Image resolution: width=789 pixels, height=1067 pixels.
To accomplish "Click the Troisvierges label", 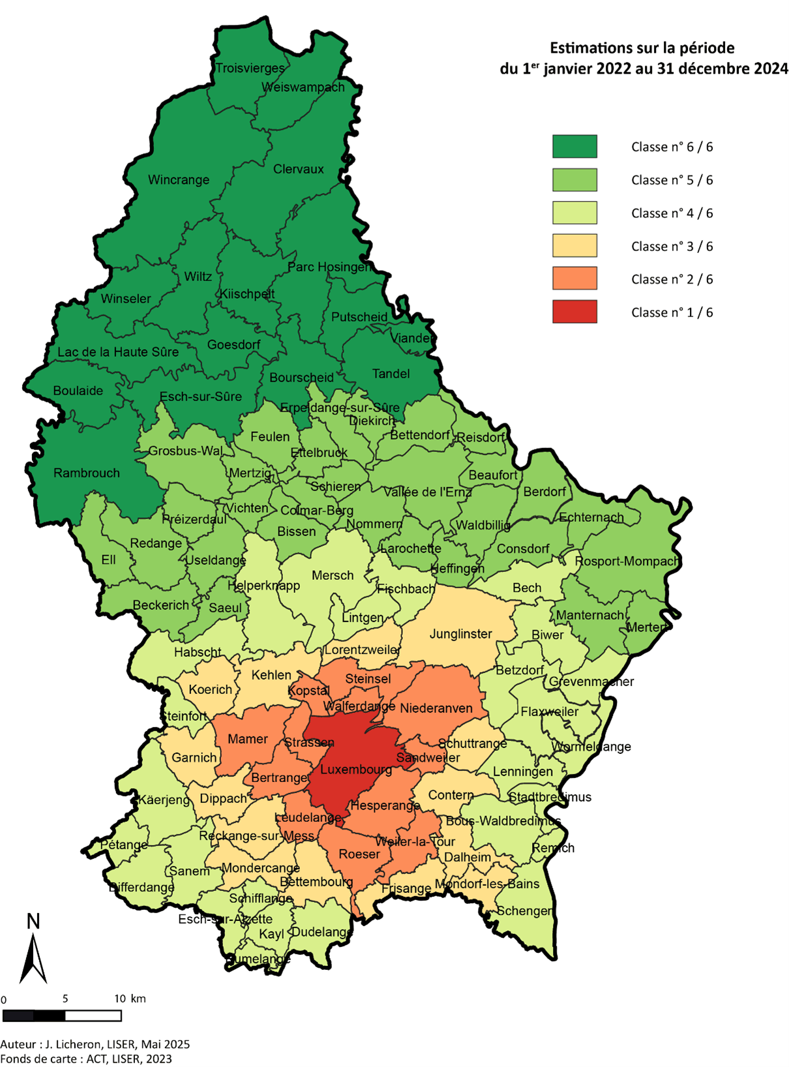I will coord(250,68).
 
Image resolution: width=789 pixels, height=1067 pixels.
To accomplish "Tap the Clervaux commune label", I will coord(299,169).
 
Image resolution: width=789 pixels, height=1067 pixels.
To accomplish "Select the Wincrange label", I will coord(179,180).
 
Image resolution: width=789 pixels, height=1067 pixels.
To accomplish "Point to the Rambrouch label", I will coord(87,473).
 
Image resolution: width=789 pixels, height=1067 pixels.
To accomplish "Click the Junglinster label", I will coord(460,634).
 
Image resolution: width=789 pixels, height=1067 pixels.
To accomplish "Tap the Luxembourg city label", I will coord(356,770).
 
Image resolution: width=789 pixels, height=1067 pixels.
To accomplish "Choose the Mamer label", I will coord(248,739).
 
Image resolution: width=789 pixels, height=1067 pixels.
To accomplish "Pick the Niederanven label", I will coord(436,708).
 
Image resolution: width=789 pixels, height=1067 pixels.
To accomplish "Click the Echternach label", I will coord(591,518).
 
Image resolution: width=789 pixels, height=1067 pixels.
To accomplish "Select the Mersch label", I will coord(333,575).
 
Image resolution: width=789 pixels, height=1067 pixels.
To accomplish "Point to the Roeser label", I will coord(359,854).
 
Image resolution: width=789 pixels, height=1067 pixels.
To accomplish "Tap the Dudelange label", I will coord(321,932).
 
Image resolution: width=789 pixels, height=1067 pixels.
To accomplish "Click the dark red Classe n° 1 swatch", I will coord(574,312).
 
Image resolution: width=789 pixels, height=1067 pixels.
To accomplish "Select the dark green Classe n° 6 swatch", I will coord(574,146).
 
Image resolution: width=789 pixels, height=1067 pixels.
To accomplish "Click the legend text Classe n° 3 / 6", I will coord(672,247).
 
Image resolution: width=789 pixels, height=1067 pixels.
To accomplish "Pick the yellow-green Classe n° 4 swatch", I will coord(574,213).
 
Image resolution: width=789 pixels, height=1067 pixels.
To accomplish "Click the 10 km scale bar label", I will coord(129,999).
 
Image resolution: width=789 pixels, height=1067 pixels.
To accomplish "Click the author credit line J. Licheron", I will coord(95,1044).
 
